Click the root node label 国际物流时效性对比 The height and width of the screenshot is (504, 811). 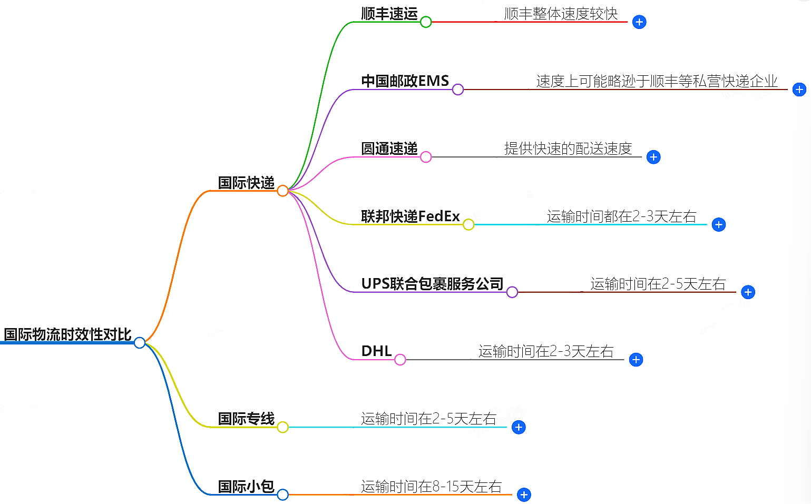[67, 334]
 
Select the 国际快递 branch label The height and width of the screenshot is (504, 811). [246, 183]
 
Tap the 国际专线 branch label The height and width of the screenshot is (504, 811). [246, 419]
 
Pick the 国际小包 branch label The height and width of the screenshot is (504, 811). [246, 486]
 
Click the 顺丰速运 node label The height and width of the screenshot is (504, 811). [389, 14]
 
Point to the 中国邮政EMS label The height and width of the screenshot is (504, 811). [405, 81]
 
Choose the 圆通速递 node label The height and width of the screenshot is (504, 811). [389, 149]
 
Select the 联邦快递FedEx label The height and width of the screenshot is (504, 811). [410, 216]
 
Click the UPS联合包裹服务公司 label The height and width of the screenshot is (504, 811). [432, 284]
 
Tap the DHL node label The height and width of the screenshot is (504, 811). [376, 351]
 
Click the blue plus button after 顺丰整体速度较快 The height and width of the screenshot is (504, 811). [639, 22]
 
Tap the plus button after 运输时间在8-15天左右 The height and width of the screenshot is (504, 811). [524, 495]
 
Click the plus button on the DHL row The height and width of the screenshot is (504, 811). [636, 360]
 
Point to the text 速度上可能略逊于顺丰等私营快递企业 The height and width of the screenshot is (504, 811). [657, 81]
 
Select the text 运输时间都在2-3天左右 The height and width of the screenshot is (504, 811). [621, 216]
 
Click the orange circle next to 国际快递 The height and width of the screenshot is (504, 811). [282, 191]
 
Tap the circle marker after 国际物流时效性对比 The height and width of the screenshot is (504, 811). [140, 343]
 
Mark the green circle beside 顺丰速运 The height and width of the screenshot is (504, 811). [426, 22]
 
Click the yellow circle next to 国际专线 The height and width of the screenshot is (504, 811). [282, 427]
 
